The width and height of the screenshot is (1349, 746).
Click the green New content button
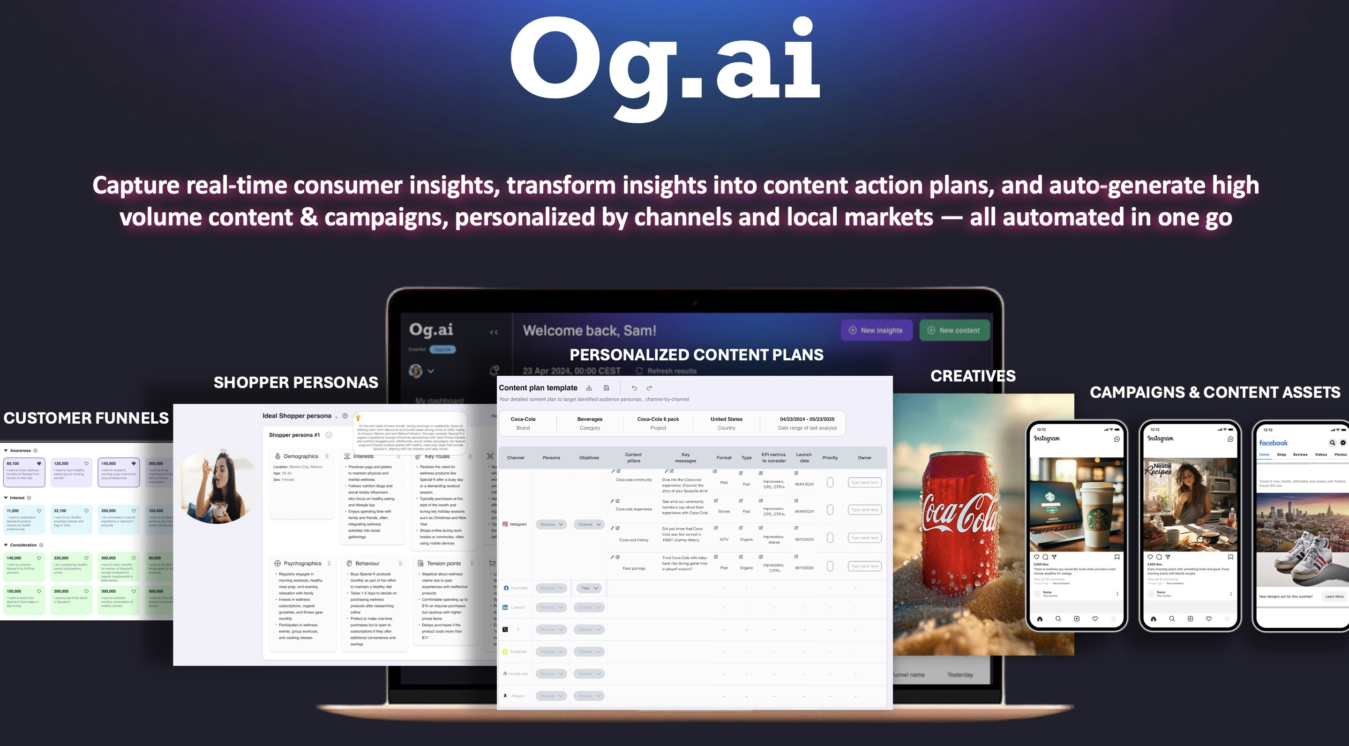pyautogui.click(x=954, y=330)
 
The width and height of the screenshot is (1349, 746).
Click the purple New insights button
pyautogui.click(x=876, y=330)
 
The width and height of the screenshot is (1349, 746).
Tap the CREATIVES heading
pyautogui.click(x=973, y=376)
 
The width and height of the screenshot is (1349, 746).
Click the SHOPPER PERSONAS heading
pyautogui.click(x=295, y=383)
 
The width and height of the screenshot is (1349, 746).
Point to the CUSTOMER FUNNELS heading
pyautogui.click(x=86, y=418)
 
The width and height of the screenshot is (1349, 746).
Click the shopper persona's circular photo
pyautogui.click(x=217, y=486)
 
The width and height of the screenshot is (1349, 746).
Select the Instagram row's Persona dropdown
pyautogui.click(x=551, y=524)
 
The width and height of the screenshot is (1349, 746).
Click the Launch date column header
pyautogui.click(x=804, y=457)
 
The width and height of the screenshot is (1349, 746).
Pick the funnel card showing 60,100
pyautogui.click(x=24, y=471)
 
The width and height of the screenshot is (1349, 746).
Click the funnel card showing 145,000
pyautogui.click(x=118, y=471)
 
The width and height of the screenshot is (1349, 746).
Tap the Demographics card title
pyautogui.click(x=300, y=456)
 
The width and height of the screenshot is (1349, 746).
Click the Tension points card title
pyautogui.click(x=443, y=563)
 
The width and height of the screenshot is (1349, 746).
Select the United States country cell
pyautogui.click(x=727, y=423)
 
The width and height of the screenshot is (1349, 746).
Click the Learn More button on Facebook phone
pyautogui.click(x=1334, y=596)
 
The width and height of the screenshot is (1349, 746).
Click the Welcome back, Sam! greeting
pyautogui.click(x=589, y=330)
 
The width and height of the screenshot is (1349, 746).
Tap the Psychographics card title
pyautogui.click(x=302, y=563)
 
